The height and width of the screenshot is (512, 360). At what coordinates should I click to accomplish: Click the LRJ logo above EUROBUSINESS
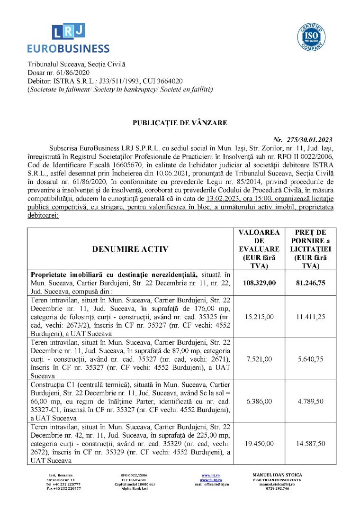(68, 31)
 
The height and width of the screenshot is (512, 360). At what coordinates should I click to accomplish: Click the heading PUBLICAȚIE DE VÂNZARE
(180, 123)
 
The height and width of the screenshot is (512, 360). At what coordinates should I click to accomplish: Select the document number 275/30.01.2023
(303, 139)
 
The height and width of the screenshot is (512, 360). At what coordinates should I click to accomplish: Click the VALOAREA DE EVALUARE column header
(259, 249)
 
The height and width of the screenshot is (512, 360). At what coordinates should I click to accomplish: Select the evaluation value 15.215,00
(259, 316)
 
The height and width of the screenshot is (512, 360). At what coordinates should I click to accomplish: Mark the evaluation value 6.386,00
(259, 401)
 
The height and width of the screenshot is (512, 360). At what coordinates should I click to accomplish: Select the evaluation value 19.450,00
(259, 444)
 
